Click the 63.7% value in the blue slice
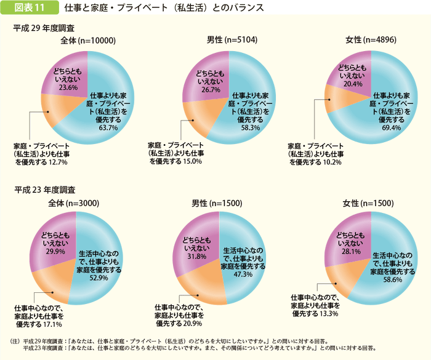(108, 128)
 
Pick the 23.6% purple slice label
(67, 87)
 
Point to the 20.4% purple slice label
(353, 83)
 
